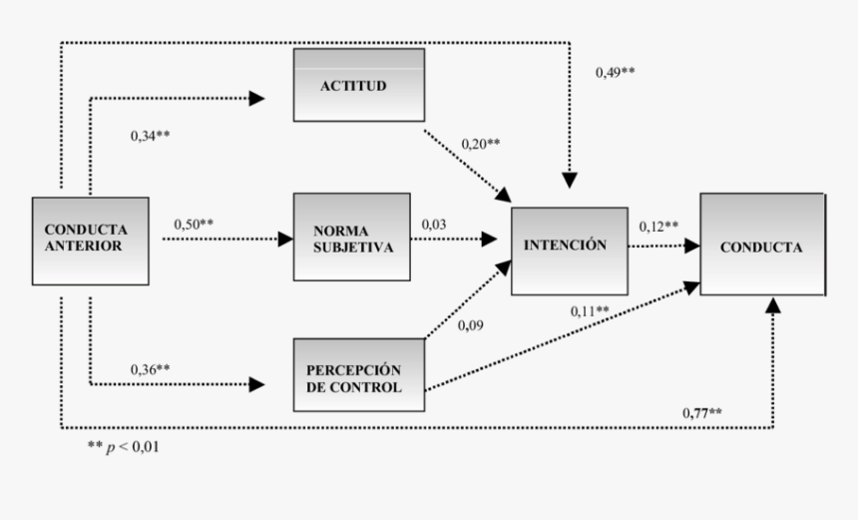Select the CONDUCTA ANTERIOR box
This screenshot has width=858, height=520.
(x=90, y=239)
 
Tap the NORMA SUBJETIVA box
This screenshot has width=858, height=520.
(x=351, y=238)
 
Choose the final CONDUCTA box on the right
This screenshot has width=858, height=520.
(x=761, y=245)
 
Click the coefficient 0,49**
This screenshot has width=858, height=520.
(x=616, y=72)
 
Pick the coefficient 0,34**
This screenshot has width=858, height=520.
(x=151, y=134)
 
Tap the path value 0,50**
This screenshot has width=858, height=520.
(x=194, y=225)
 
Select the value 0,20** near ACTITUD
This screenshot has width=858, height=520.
(x=480, y=144)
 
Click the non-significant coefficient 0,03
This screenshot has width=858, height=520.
(x=433, y=225)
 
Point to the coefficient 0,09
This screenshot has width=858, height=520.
(x=471, y=324)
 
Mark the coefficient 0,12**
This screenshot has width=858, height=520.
(x=658, y=226)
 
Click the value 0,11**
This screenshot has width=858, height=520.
(x=590, y=311)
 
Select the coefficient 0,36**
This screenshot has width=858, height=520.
(x=151, y=368)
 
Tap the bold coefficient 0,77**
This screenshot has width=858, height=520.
(x=702, y=412)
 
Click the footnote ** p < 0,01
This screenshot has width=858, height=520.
(x=123, y=447)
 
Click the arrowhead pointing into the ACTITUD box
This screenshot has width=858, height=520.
(x=257, y=98)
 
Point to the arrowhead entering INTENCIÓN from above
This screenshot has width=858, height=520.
(x=569, y=181)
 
